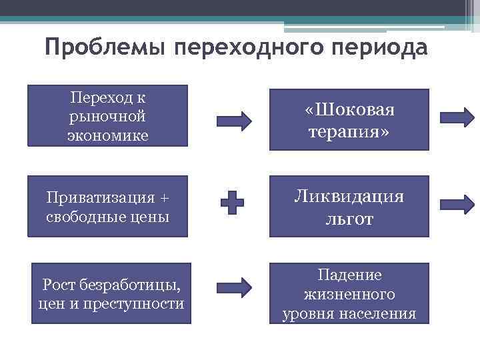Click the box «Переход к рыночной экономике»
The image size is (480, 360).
click(x=107, y=117)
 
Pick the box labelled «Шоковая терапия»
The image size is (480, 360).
click(x=349, y=119)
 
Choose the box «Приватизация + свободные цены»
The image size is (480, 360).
click(x=107, y=207)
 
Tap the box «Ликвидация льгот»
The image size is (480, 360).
click(x=349, y=206)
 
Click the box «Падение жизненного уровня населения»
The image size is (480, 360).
click(x=349, y=294)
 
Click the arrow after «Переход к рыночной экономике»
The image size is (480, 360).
click(x=234, y=121)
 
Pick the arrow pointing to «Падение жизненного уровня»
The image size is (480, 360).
click(x=234, y=287)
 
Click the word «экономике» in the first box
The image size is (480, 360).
click(x=107, y=136)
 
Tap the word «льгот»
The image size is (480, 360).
click(x=349, y=218)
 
